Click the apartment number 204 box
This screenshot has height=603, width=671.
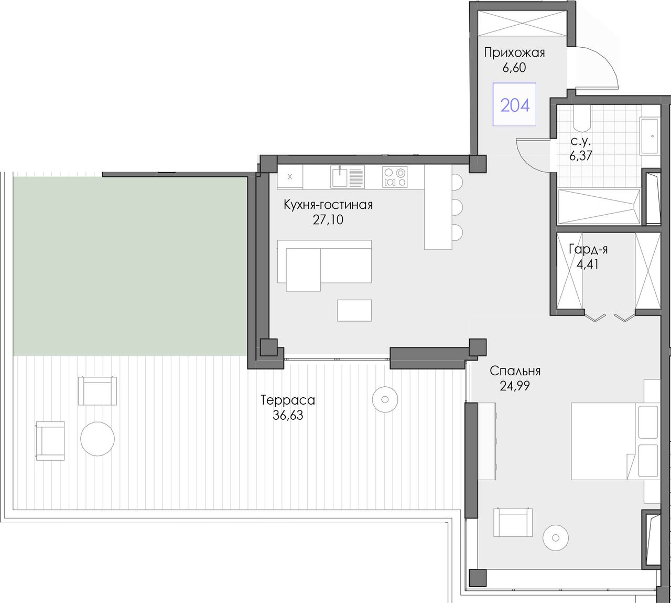pyautogui.click(x=514, y=104)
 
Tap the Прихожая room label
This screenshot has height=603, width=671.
pyautogui.click(x=514, y=53)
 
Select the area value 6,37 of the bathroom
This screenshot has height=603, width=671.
pyautogui.click(x=581, y=155)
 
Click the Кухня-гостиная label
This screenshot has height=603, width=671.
pyautogui.click(x=328, y=205)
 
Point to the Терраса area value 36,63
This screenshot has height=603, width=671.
pyautogui.click(x=288, y=415)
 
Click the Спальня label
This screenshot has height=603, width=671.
pyautogui.click(x=515, y=371)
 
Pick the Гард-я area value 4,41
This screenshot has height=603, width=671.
pyautogui.click(x=588, y=265)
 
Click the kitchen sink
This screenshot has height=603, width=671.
pyautogui.click(x=348, y=177)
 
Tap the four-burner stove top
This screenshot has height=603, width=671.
pyautogui.click(x=395, y=177)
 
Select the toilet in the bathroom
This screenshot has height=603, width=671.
pyautogui.click(x=582, y=119)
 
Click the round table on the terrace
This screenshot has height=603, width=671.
pyautogui.click(x=98, y=439)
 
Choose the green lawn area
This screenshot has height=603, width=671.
pyautogui.click(x=131, y=266)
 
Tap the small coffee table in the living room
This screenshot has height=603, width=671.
pyautogui.click(x=354, y=311)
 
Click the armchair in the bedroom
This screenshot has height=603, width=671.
pyautogui.click(x=513, y=522)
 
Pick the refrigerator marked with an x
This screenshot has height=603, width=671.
pyautogui.click(x=290, y=177)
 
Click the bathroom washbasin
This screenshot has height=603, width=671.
pyautogui.click(x=650, y=135)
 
